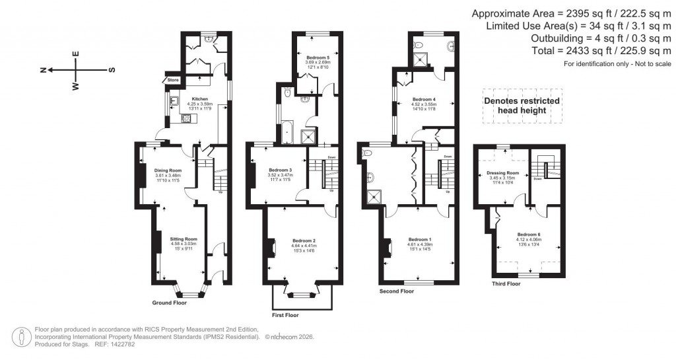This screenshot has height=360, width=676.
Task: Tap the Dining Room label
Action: (168, 170)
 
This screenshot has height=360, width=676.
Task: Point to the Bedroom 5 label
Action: (318, 58)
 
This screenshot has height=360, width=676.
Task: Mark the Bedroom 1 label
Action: (420, 239)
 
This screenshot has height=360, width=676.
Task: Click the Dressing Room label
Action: (504, 174)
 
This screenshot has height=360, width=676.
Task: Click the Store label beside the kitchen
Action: (173, 80)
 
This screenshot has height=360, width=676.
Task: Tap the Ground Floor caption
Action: (169, 303)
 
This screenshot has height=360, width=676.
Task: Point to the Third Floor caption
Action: (506, 284)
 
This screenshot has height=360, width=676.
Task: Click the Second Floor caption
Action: (397, 291)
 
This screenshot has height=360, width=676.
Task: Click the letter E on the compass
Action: (76, 54)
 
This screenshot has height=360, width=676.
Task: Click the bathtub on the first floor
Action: (288, 135)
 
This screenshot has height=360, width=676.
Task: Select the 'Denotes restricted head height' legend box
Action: (522, 106)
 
